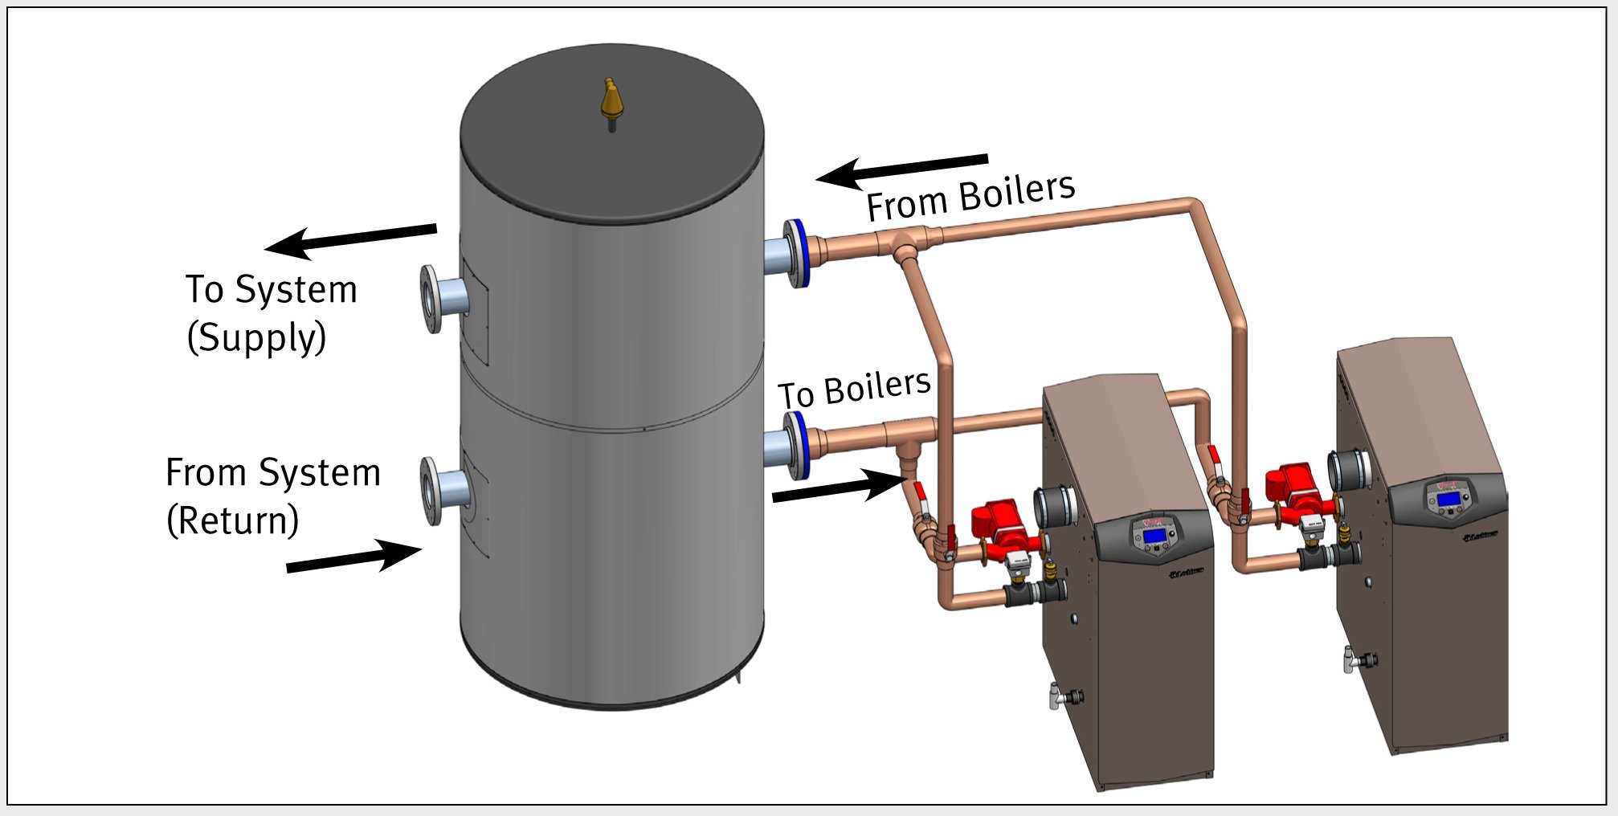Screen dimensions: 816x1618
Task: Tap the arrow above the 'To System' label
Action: (350, 240)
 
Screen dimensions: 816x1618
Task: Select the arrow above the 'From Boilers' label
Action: (901, 169)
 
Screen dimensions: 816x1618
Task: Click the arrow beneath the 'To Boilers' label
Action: (840, 487)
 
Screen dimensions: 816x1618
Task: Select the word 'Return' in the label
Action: (233, 520)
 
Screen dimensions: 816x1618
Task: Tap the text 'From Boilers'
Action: (970, 198)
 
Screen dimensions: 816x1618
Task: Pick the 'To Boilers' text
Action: (853, 390)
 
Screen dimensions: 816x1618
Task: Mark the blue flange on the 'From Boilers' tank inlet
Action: (797, 252)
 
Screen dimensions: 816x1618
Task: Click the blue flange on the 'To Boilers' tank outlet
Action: (797, 445)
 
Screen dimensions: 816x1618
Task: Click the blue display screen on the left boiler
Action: (1154, 536)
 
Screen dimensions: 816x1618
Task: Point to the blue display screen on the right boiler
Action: (1448, 499)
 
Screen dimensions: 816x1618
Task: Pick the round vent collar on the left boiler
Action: (1055, 507)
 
